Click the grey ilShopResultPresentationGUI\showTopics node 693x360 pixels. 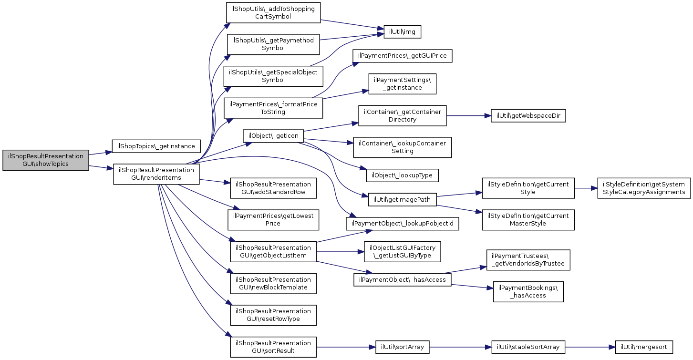(x=46, y=160)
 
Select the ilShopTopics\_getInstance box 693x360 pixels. (x=156, y=146)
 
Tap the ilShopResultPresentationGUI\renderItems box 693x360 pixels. (x=156, y=174)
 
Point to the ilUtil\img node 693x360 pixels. (x=402, y=32)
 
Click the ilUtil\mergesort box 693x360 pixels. (x=644, y=347)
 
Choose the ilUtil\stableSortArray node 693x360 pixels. (x=528, y=347)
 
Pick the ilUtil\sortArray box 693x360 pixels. (x=402, y=347)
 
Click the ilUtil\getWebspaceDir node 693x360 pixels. (x=528, y=116)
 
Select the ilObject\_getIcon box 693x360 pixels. (x=273, y=136)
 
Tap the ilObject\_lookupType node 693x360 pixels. (x=402, y=175)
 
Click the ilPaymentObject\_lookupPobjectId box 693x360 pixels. (x=402, y=224)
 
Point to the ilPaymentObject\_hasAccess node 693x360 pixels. (x=402, y=280)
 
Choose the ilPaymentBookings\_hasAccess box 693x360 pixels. (x=528, y=292)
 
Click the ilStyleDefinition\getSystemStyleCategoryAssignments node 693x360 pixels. (x=644, y=188)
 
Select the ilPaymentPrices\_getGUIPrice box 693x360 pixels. (x=402, y=56)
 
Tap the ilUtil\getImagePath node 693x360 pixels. (x=402, y=200)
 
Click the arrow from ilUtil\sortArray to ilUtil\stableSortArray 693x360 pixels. (x=460, y=347)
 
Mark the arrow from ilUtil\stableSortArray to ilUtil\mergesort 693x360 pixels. (x=590, y=347)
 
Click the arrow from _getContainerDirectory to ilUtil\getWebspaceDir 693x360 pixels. (x=469, y=116)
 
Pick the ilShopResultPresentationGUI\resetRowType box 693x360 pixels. (x=273, y=315)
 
